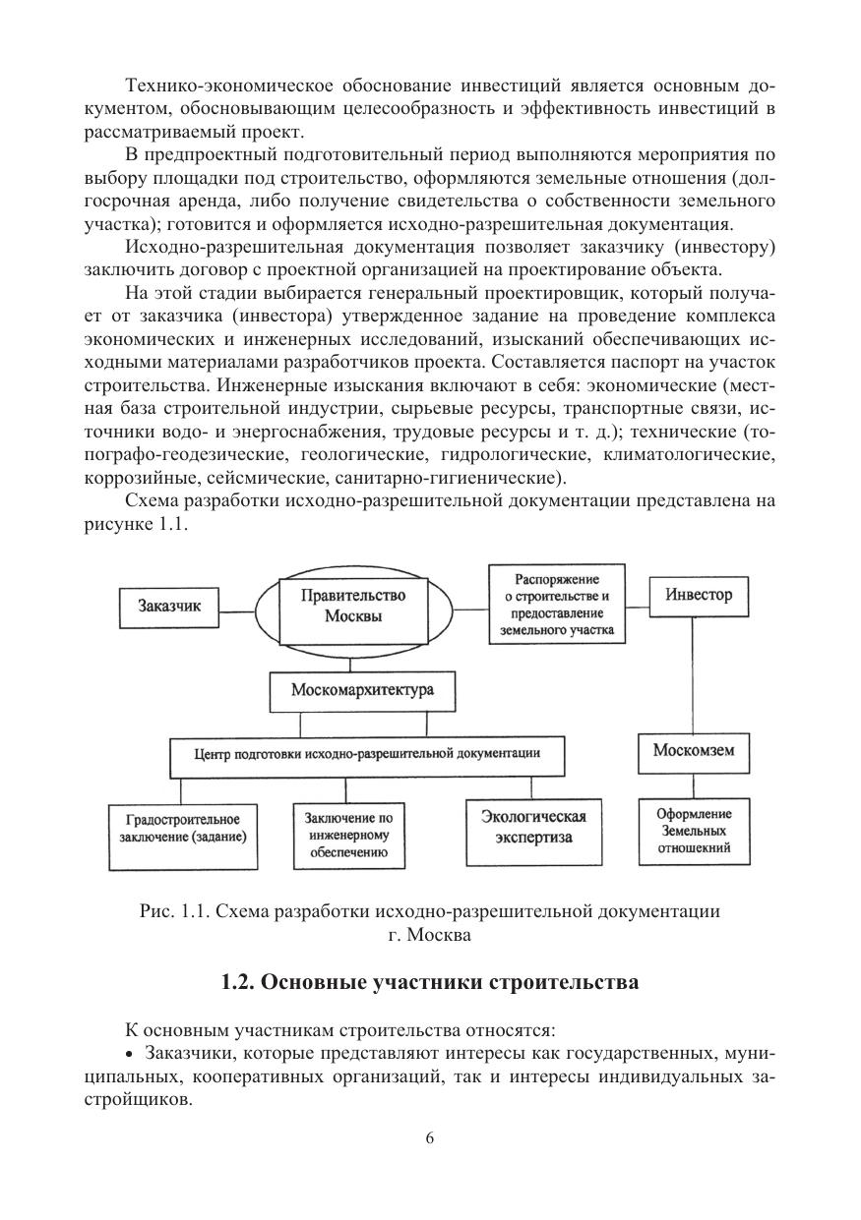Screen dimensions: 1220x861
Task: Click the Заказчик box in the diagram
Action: point(168,607)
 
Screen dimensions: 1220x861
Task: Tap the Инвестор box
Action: point(699,596)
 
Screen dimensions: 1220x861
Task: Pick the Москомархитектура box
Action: point(362,691)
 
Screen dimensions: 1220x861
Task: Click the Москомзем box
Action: point(694,754)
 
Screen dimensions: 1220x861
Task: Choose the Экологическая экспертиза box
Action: point(533,829)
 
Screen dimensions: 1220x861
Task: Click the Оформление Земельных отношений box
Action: point(694,831)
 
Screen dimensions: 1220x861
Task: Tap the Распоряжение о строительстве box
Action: point(558,603)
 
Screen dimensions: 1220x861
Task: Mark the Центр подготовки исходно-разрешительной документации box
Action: point(367,755)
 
